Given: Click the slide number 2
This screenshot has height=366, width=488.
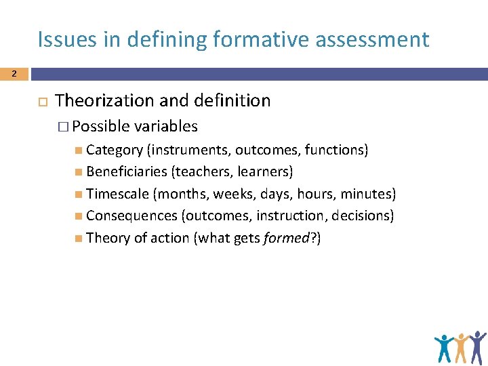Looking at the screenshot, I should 14,75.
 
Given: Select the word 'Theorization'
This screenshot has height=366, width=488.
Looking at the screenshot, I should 104,101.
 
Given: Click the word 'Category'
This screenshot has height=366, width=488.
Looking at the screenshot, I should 115,150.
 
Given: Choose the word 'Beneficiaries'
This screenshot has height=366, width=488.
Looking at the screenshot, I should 127,171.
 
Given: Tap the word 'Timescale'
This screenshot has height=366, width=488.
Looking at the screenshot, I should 119,194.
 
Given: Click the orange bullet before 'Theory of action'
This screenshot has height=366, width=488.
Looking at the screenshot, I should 80,237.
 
